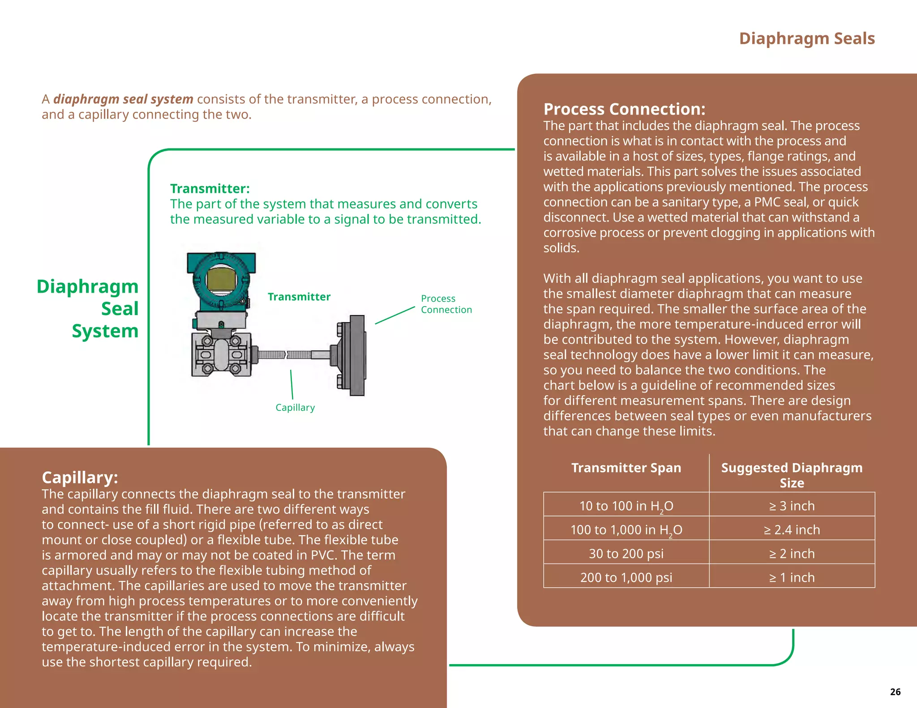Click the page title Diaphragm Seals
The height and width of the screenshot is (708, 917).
[807, 38]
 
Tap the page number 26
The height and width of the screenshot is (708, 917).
[895, 692]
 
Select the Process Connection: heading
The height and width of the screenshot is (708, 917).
[624, 109]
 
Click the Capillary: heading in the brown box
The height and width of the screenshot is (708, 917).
[80, 478]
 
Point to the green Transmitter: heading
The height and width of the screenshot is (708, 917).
[210, 188]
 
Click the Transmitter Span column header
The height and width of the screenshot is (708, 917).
[626, 468]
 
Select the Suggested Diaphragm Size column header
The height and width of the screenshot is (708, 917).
[792, 475]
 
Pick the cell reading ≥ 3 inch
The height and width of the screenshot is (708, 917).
[792, 506]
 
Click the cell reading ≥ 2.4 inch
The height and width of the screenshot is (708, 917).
[792, 530]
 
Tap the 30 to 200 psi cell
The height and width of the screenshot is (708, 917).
[626, 554]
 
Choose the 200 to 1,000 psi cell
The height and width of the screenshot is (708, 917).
[626, 577]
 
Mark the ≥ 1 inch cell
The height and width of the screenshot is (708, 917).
[792, 577]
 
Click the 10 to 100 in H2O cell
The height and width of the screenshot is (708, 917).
[626, 506]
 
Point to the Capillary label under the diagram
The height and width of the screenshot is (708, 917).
[295, 408]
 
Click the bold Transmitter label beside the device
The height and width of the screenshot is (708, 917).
[299, 297]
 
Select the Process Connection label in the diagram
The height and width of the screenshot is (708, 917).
[446, 304]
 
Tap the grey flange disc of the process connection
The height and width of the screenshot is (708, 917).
[357, 355]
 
